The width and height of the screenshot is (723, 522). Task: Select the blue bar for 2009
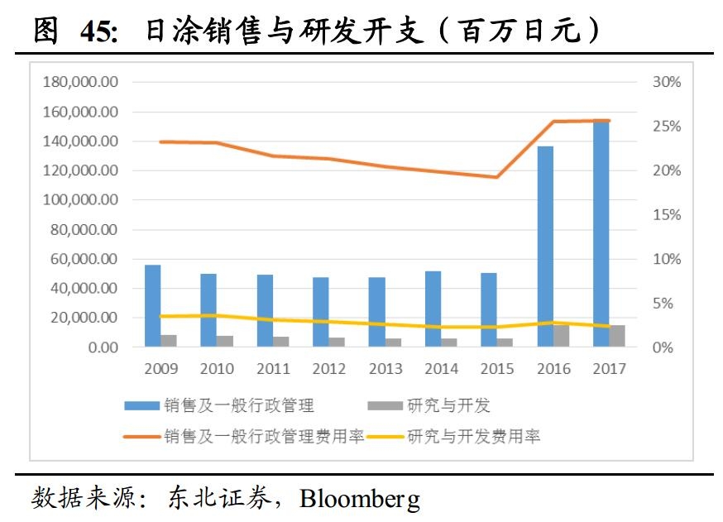153,305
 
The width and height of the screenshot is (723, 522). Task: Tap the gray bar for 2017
617,336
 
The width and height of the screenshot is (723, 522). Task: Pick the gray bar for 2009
169,341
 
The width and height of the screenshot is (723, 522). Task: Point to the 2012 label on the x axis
328,369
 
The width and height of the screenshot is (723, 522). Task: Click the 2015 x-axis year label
497,369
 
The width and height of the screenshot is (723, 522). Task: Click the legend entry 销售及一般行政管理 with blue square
219,405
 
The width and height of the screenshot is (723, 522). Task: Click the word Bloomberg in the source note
360,499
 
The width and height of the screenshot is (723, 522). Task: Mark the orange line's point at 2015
496,177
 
